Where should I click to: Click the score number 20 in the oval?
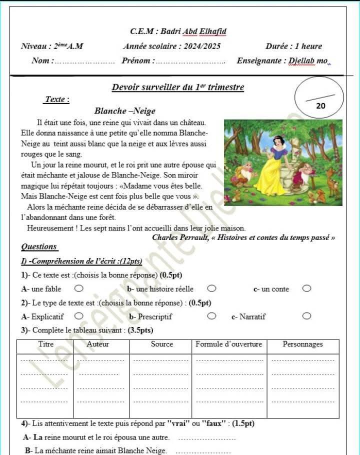coord(320,106)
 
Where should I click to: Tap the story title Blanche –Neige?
coord(124,111)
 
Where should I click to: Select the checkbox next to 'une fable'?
coord(78,288)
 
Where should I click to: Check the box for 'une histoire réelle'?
coord(211,288)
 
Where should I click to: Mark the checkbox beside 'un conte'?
coord(306,288)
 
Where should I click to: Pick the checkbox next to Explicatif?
coord(78,316)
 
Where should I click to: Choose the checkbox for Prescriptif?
coord(211,316)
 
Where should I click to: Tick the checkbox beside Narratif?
coord(306,316)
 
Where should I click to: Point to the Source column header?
coord(161,344)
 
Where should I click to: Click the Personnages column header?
coord(302,344)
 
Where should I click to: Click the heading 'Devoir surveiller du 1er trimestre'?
coord(177,87)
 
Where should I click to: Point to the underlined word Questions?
coord(39,246)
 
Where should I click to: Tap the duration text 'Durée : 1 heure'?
coord(293,46)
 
